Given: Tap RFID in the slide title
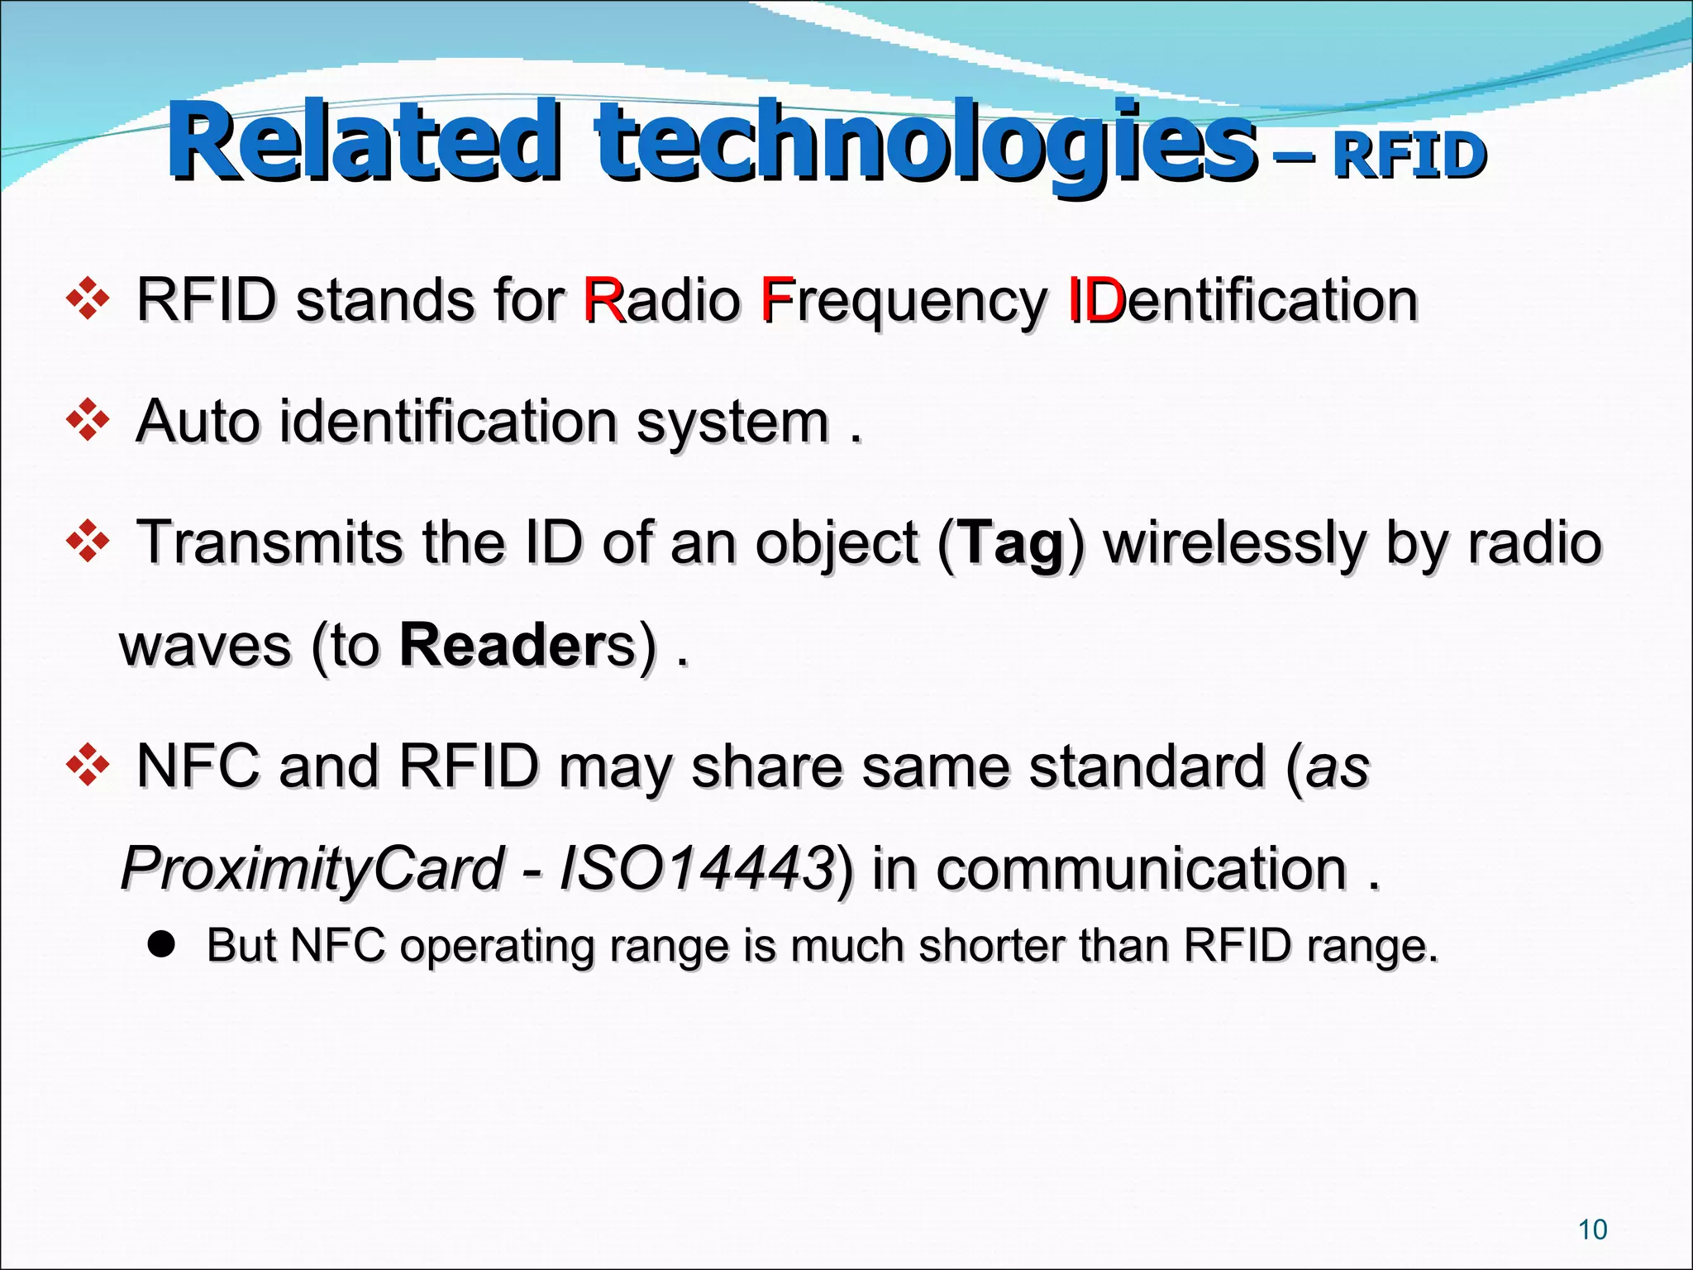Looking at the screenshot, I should [x=1409, y=155].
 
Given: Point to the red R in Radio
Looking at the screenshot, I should [x=602, y=299].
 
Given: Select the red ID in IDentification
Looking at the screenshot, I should [x=1096, y=299].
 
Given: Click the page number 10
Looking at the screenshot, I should [x=1592, y=1229].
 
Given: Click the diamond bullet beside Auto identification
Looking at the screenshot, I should [x=87, y=421].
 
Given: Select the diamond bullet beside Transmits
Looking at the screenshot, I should [x=87, y=543].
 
